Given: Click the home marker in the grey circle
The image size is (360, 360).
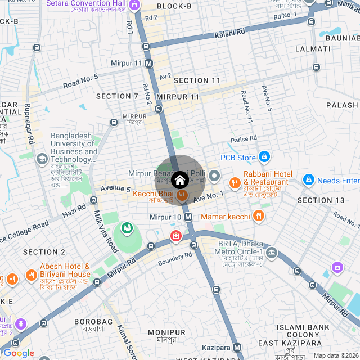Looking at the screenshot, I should click(x=179, y=180).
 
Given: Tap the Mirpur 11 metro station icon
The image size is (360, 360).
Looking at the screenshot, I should click(x=149, y=64).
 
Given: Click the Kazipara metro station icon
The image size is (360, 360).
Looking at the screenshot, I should click(x=237, y=348).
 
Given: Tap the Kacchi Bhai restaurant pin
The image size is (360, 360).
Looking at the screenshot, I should click(x=182, y=195).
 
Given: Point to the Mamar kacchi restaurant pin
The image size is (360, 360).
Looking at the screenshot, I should click(x=258, y=215).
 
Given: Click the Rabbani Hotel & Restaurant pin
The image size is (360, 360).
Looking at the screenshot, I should click(x=235, y=182).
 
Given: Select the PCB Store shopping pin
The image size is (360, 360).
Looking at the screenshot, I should click(x=265, y=157).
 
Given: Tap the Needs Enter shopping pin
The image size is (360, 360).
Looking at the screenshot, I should click(x=308, y=180).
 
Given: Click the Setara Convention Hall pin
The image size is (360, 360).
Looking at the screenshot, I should click(x=134, y=6).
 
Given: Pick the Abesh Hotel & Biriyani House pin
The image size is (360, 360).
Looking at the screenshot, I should click(x=30, y=276).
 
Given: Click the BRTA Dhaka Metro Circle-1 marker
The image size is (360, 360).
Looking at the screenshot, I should click(x=272, y=251).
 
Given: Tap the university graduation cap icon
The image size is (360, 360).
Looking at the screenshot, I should click(x=42, y=159).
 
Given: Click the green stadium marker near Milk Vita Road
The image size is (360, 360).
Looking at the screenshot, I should click(x=127, y=228).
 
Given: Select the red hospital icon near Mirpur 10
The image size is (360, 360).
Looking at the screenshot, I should click(x=176, y=235).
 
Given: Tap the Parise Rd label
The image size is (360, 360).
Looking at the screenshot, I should click(x=244, y=138).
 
